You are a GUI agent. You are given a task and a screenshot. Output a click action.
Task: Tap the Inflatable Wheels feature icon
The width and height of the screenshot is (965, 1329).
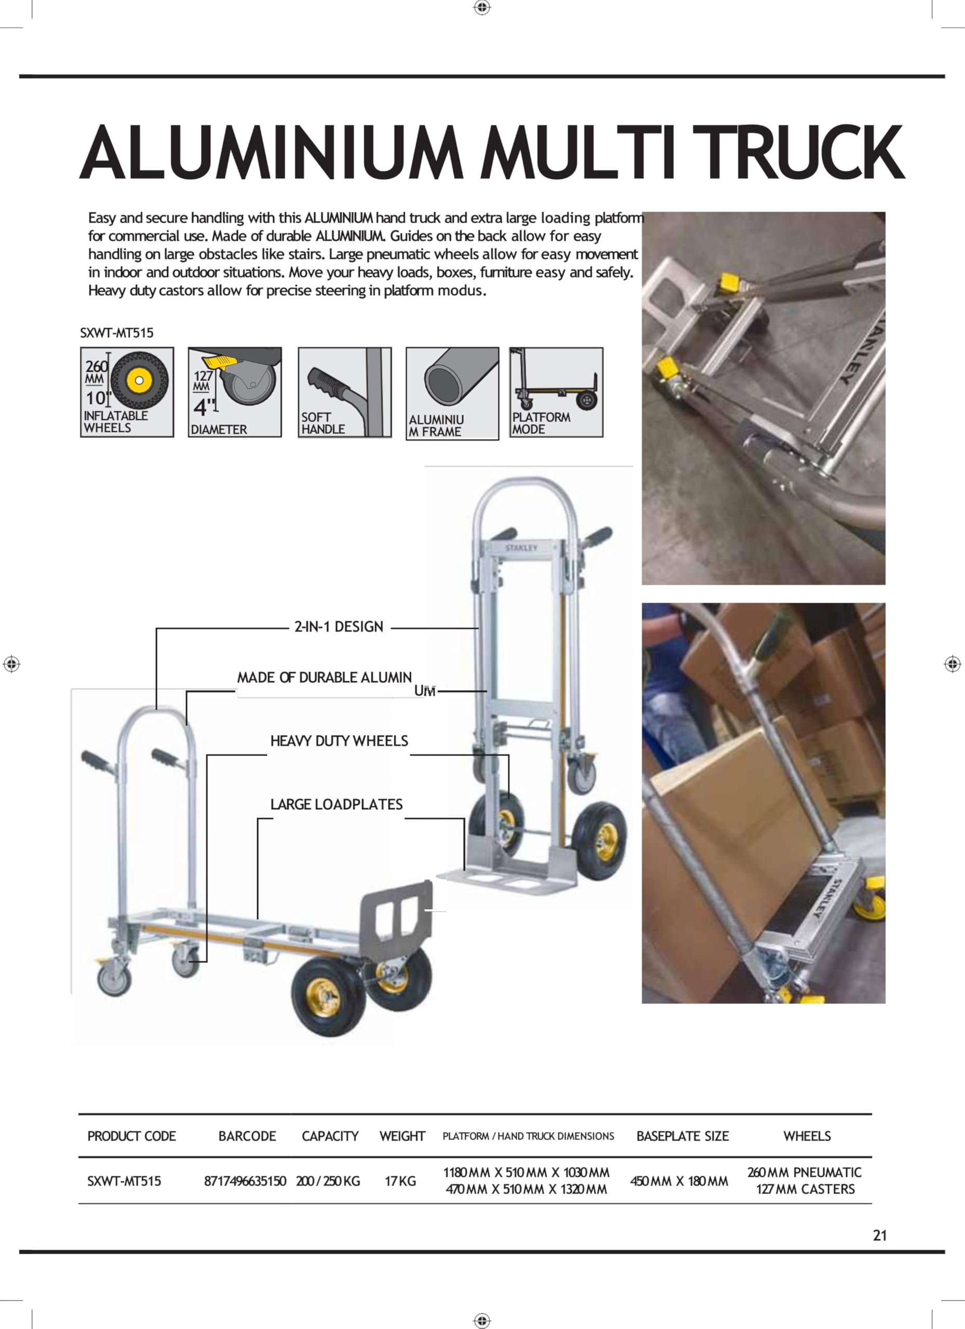tap(127, 392)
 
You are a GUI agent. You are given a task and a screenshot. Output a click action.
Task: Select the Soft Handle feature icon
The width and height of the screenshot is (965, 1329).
tap(344, 392)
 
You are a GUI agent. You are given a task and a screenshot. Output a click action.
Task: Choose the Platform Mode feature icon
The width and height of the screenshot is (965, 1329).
tap(556, 392)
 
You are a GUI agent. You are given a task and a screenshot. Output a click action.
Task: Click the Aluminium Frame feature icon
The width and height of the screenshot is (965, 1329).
tap(452, 393)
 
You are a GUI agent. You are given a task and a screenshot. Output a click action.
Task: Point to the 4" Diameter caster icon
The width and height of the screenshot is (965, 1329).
tap(235, 392)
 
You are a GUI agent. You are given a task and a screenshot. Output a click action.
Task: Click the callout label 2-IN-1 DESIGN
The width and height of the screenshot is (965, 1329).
tap(339, 627)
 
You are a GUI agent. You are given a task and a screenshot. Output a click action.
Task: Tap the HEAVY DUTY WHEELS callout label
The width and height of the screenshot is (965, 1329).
tap(339, 741)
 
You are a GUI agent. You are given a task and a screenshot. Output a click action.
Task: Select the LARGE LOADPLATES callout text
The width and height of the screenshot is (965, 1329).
tap(337, 805)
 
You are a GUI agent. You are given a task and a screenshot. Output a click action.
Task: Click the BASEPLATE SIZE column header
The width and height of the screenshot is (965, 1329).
tap(682, 1136)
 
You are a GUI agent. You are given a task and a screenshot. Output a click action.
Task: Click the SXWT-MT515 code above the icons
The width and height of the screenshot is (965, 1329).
tap(117, 333)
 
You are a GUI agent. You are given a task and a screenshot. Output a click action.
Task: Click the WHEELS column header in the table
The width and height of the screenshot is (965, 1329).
tap(807, 1136)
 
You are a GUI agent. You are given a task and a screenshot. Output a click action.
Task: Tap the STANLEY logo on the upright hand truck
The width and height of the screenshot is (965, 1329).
tap(521, 548)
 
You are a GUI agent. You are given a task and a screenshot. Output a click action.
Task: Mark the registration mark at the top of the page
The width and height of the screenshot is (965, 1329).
tap(482, 8)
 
